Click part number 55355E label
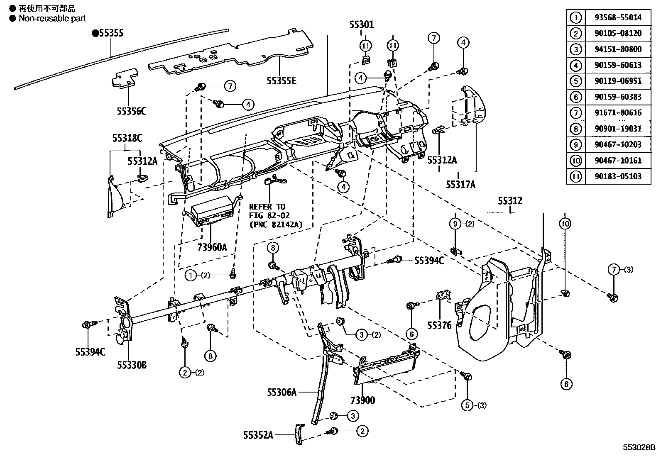282,80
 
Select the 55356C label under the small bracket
131,111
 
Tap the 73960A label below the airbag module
212,247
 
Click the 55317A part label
460,184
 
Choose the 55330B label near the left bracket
131,365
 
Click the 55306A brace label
282,392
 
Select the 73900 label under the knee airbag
362,400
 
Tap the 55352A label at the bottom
258,435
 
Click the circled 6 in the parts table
576,97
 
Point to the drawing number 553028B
638,447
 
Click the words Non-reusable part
52,18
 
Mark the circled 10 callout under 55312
565,224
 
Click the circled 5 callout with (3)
468,405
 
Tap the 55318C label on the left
127,138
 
